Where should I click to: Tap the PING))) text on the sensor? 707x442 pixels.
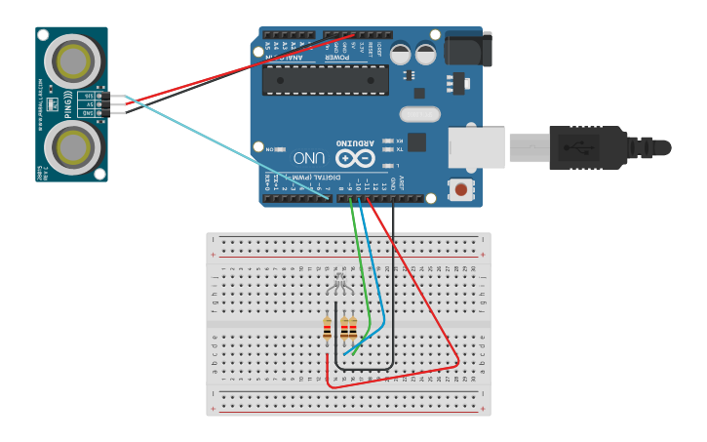pyautogui.click(x=68, y=104)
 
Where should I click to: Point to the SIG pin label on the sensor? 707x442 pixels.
pyautogui.click(x=89, y=96)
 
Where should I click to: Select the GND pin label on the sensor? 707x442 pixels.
pyautogui.click(x=89, y=113)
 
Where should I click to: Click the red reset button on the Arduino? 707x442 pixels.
pyautogui.click(x=459, y=188)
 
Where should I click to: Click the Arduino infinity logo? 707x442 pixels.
pyautogui.click(x=354, y=158)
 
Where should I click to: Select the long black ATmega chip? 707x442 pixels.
pyautogui.click(x=325, y=79)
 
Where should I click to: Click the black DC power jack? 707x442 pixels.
pyautogui.click(x=468, y=49)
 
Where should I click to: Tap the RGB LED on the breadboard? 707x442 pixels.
pyautogui.click(x=339, y=284)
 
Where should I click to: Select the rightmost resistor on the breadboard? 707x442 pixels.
pyautogui.click(x=353, y=330)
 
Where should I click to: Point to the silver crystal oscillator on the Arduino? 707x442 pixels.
pyautogui.click(x=420, y=114)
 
